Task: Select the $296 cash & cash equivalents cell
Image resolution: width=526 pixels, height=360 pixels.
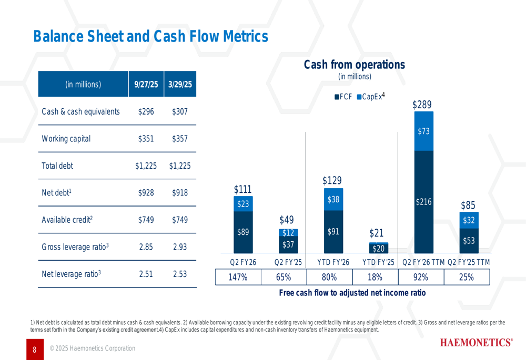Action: point(146,112)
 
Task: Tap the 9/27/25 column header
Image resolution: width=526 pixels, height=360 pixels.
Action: point(146,84)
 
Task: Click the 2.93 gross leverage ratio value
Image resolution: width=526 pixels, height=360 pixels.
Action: point(180,247)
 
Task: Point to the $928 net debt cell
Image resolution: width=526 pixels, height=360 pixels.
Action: point(146,193)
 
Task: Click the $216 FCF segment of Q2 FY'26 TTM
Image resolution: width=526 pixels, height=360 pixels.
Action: point(423,202)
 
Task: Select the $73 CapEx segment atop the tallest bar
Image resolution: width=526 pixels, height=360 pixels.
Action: point(423,131)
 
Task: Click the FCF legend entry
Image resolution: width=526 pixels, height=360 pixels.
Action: point(344,97)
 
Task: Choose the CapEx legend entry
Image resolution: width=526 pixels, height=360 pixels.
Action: point(371,97)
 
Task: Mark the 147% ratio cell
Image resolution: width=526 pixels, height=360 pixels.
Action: point(238,277)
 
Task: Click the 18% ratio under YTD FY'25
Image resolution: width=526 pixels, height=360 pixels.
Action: point(375,277)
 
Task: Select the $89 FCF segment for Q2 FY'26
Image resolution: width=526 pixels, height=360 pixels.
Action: point(243,232)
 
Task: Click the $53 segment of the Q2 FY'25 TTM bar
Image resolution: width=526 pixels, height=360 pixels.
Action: point(469,240)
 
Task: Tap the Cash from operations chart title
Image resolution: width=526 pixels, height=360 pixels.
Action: point(355,65)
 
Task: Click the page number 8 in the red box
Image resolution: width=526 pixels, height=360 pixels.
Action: point(34,349)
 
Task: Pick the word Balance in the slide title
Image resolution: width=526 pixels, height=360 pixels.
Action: point(58,36)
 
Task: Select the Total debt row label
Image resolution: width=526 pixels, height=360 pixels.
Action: point(57,166)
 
